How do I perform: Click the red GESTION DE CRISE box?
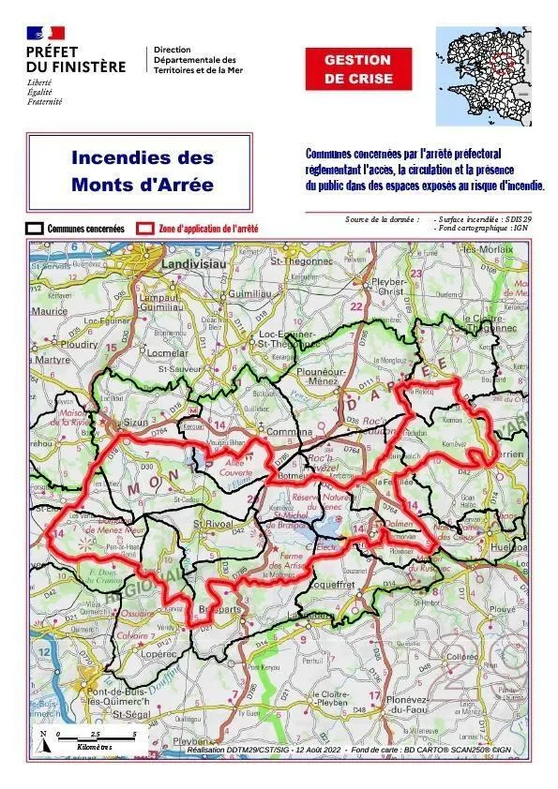pyautogui.click(x=357, y=69)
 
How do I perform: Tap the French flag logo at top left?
pyautogui.click(x=46, y=34)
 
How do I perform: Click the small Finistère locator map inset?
pyautogui.click(x=483, y=76)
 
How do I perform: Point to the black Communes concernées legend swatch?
pyautogui.click(x=35, y=228)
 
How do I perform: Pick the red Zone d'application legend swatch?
pyautogui.click(x=144, y=228)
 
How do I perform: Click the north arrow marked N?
pyautogui.click(x=43, y=739)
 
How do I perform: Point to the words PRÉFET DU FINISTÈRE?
pyautogui.click(x=74, y=59)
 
